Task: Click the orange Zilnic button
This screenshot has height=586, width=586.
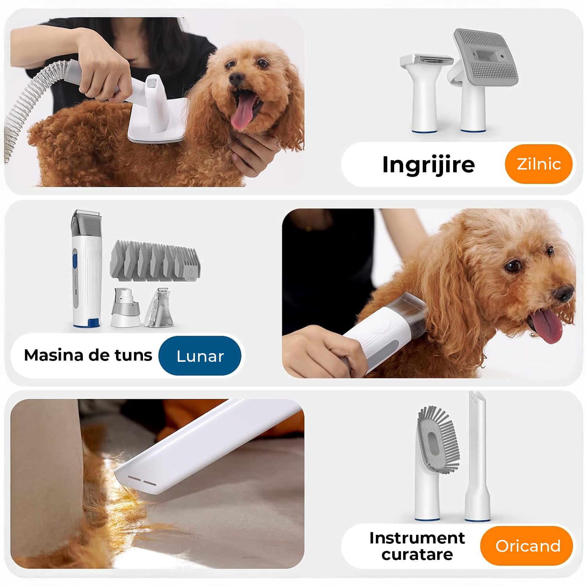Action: coord(538,164)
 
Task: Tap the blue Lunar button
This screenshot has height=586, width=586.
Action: coord(200,356)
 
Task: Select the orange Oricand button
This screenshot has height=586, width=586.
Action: coord(527,545)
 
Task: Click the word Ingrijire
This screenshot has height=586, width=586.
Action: coord(429,164)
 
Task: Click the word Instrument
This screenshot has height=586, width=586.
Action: coord(417,538)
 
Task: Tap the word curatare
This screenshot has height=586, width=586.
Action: coord(417,554)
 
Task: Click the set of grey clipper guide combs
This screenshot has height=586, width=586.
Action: coord(156,261)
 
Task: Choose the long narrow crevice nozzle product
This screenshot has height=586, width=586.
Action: coord(477,456)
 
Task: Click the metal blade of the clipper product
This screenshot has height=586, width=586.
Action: coord(87,214)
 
